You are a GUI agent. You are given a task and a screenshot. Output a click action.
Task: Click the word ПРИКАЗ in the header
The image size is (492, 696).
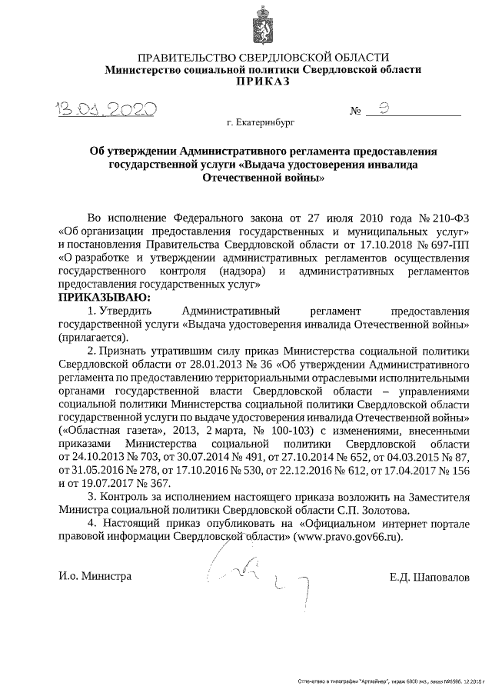[x=263, y=81]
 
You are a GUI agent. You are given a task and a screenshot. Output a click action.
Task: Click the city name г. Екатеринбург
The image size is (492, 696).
[x=260, y=122]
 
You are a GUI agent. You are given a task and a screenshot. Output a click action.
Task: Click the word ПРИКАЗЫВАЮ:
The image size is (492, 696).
[x=105, y=297]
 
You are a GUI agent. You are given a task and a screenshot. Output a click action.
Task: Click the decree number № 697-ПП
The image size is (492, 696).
[x=441, y=244]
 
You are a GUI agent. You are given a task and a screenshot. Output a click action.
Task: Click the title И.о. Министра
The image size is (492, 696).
[x=95, y=576]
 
